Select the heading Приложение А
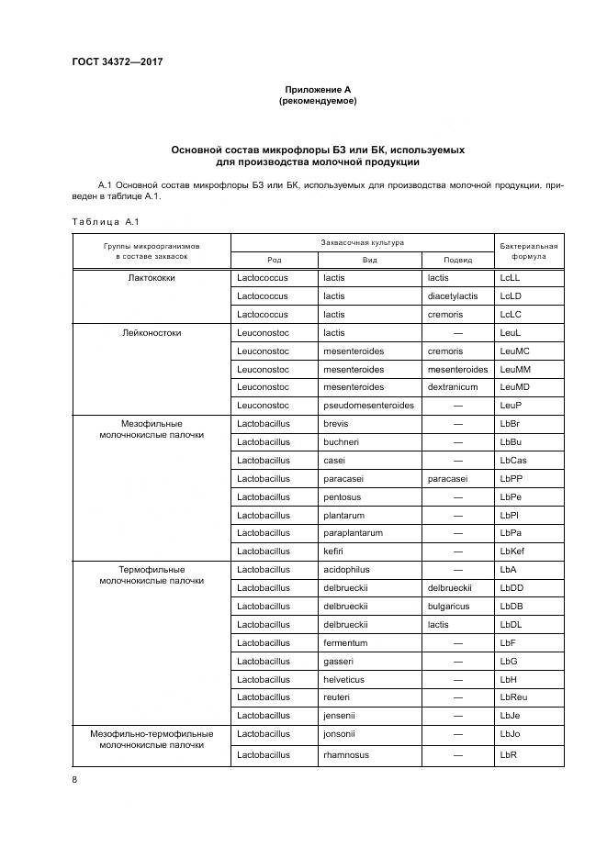tap(317, 89)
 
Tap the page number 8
tap(74, 779)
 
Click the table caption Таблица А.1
tap(104, 221)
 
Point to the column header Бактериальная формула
tap(528, 251)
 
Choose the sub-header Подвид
tap(457, 260)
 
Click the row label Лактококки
tap(152, 278)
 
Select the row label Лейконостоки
tap(152, 332)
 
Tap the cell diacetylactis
tap(453, 296)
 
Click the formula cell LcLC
tap(511, 314)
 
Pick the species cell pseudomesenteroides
tap(368, 405)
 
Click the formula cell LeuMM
tap(514, 369)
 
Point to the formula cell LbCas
tap(512, 460)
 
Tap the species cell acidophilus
tap(347, 569)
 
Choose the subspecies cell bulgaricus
tap(448, 606)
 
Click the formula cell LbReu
tap(513, 696)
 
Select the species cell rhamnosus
tap(345, 754)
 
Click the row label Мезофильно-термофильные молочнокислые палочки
tap(152, 740)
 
